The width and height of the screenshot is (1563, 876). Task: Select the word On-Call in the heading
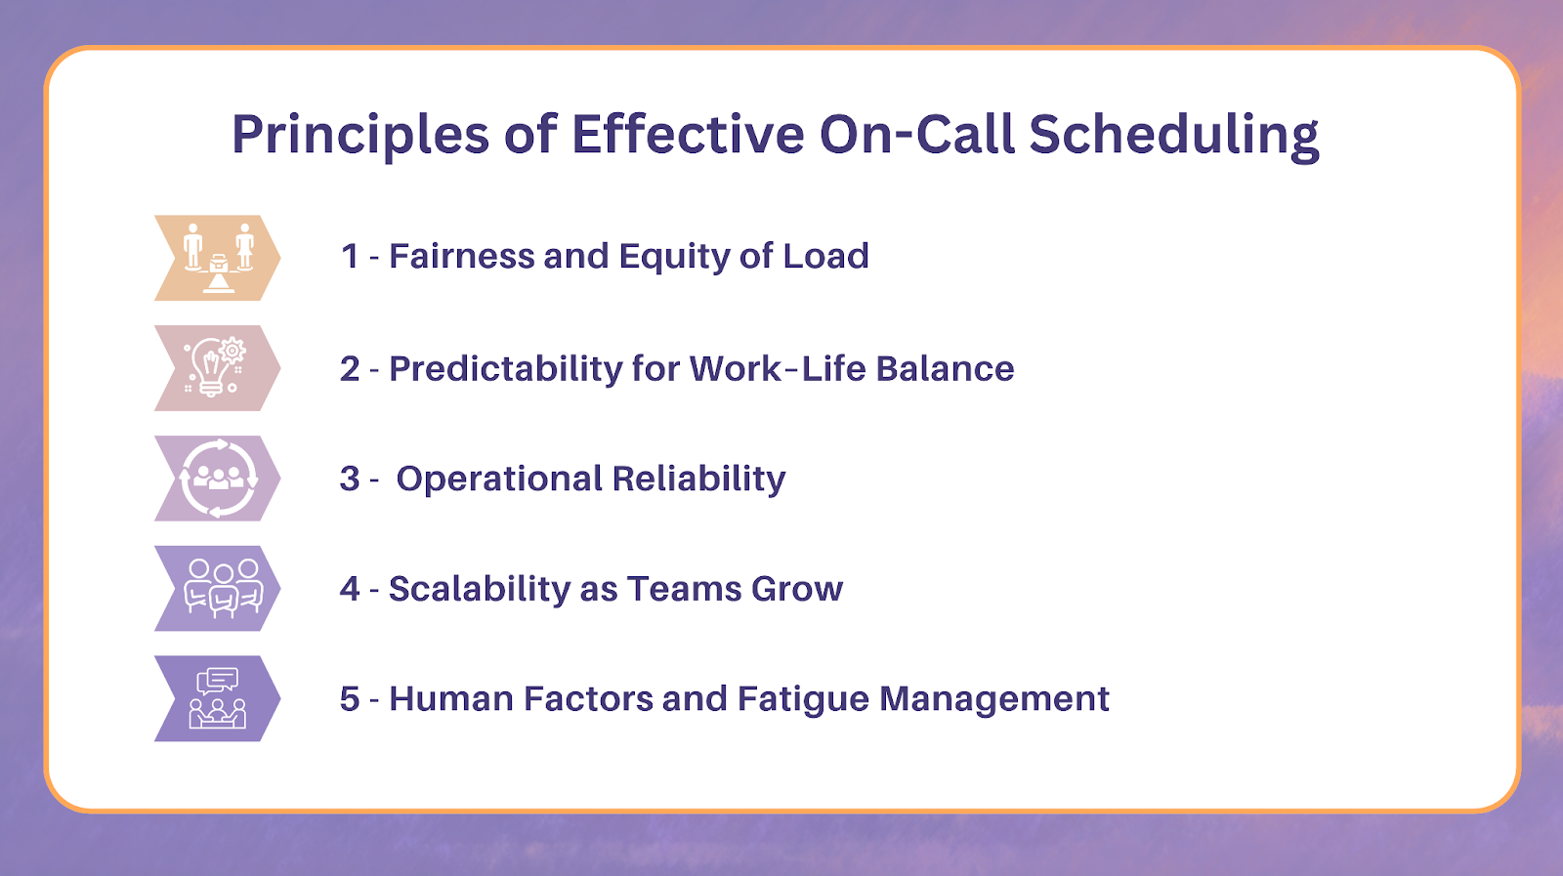pyautogui.click(x=916, y=133)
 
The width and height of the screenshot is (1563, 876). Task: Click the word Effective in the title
pyautogui.click(x=688, y=133)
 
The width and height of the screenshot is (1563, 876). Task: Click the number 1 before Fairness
pyautogui.click(x=350, y=256)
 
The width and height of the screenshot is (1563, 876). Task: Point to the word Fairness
pyautogui.click(x=461, y=256)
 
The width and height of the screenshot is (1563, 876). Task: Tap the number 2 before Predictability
pyautogui.click(x=350, y=369)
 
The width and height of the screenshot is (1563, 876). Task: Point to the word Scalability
pyautogui.click(x=480, y=590)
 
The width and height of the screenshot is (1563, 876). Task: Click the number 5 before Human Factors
pyautogui.click(x=350, y=699)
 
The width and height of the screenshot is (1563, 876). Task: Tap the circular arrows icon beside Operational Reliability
pyautogui.click(x=219, y=478)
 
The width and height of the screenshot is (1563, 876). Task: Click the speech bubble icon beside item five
pyautogui.click(x=217, y=681)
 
